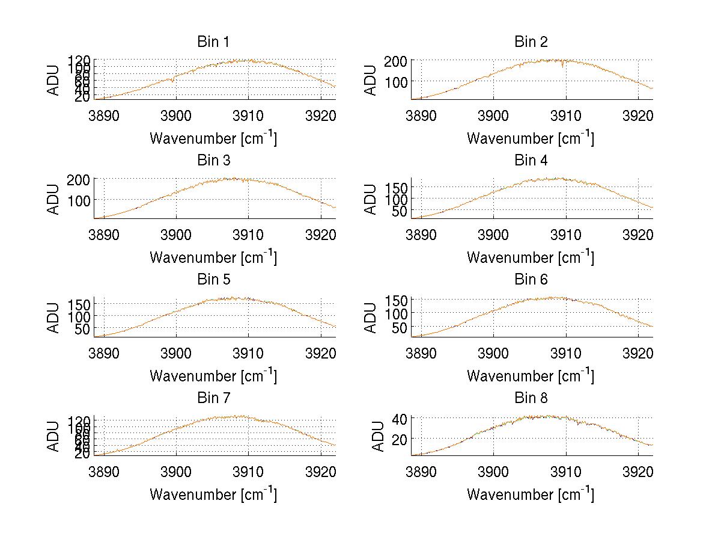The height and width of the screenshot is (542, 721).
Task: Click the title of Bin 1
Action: (x=213, y=42)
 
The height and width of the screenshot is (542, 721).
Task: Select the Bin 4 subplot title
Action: (x=531, y=161)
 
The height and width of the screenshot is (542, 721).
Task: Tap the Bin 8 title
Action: (x=531, y=398)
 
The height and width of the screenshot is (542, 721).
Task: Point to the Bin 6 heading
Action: (x=531, y=280)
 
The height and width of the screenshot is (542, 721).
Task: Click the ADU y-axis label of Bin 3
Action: (x=54, y=199)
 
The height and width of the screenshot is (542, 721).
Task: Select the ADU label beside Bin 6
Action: (x=371, y=318)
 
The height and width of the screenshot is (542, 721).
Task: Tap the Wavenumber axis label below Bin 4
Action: (x=531, y=257)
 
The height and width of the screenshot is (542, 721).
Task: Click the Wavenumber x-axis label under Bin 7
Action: (x=213, y=494)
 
